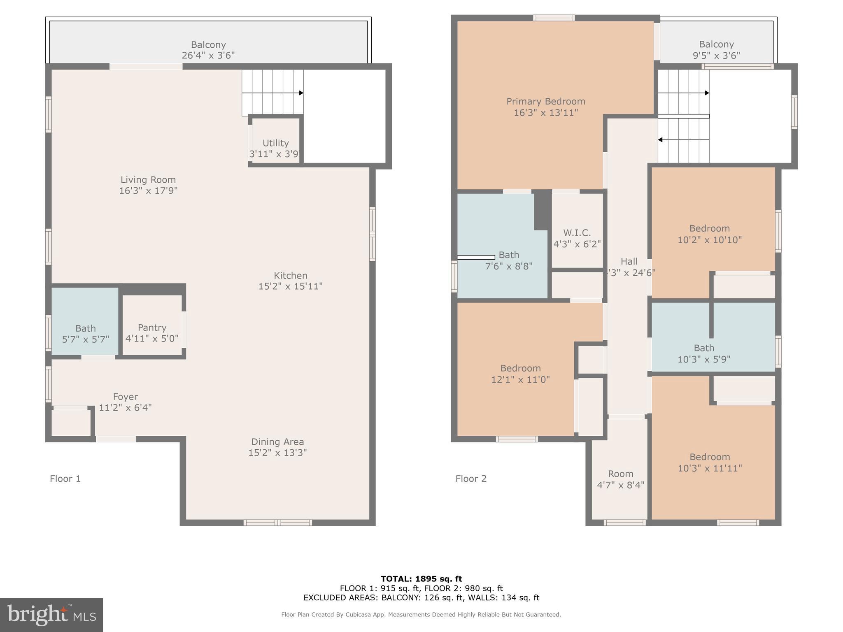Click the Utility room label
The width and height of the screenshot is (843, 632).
[x=275, y=143]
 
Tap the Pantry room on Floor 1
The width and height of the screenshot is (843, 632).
[x=152, y=328]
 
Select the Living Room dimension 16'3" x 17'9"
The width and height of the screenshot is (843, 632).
[x=148, y=191]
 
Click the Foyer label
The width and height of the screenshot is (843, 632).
[x=125, y=397]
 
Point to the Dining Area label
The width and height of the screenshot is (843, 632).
[x=277, y=442]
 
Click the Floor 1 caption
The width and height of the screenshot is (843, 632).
[x=65, y=479]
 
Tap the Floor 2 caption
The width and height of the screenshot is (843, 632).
[x=471, y=479]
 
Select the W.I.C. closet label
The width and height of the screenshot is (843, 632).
[x=577, y=233]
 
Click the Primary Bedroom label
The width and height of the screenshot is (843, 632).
[x=545, y=101]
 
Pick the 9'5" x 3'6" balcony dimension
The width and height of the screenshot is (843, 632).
[x=716, y=56]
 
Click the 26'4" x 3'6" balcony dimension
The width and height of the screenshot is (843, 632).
[x=208, y=56]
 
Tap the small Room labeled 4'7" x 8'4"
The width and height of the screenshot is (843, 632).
[x=620, y=479]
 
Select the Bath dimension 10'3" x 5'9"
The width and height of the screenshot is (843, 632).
[x=704, y=359]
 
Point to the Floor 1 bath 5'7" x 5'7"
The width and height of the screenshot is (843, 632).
[x=85, y=334]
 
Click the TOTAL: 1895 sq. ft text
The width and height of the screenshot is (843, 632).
[x=421, y=579]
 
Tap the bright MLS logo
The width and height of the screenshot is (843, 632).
[x=51, y=615]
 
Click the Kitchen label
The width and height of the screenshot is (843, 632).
[x=290, y=276]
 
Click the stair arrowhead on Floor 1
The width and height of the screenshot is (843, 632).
[x=301, y=93]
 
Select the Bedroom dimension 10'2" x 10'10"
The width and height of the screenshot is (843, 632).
[x=710, y=239]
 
